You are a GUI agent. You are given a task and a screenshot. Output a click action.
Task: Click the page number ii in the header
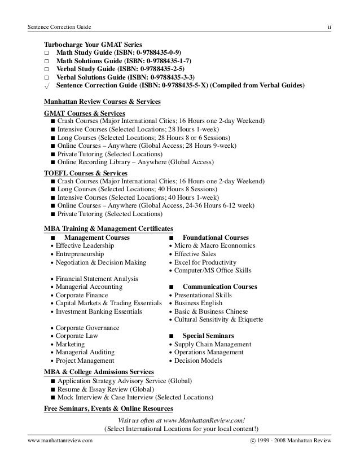click(x=329, y=27)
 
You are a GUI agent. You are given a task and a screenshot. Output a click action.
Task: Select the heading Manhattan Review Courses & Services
click(x=102, y=102)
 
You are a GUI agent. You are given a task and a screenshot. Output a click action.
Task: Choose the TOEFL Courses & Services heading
click(x=85, y=173)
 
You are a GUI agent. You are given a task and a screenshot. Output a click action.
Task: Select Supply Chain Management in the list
click(x=212, y=344)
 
